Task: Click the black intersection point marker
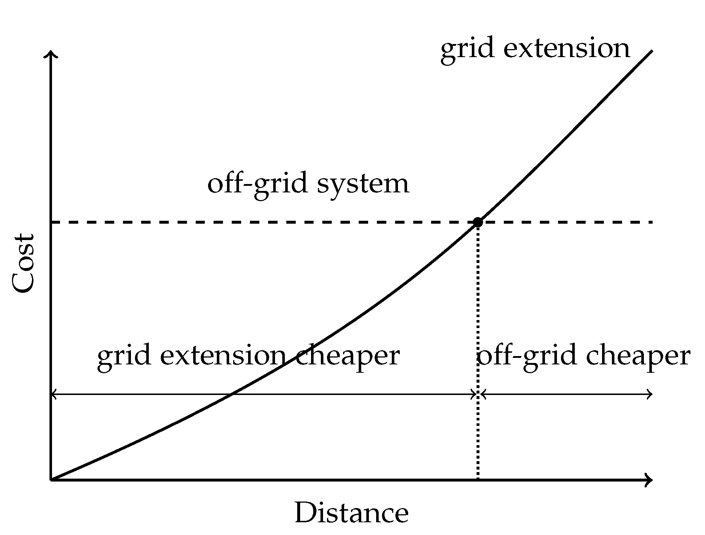point(478,222)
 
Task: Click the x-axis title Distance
point(351,513)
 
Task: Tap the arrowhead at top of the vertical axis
point(51,54)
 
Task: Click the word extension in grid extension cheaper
point(222,356)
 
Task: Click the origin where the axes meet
point(51,480)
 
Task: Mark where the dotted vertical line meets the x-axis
point(478,480)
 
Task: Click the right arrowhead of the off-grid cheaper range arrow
point(651,394)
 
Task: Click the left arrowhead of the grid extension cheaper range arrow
point(53,394)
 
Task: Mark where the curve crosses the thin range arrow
point(231,394)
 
